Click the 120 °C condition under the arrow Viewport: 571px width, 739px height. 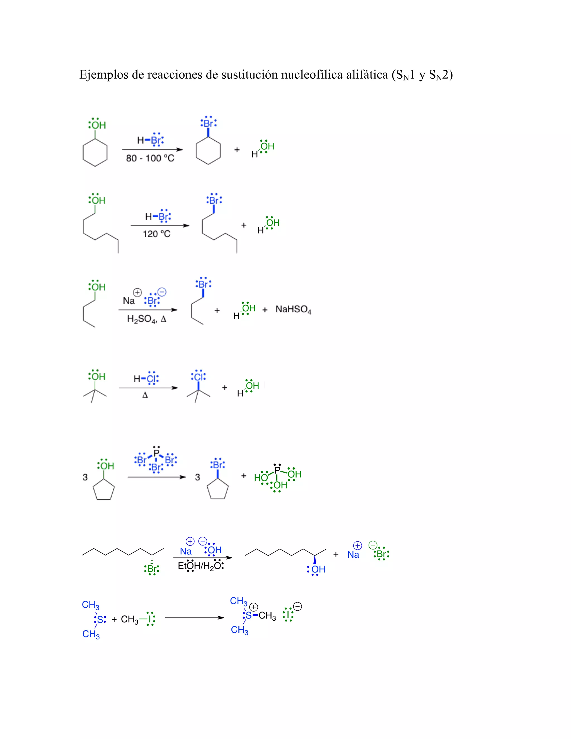(157, 234)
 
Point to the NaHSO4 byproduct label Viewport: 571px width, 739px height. (293, 309)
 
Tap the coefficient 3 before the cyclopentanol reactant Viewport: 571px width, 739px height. (85, 477)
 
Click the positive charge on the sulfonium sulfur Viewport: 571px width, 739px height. (254, 607)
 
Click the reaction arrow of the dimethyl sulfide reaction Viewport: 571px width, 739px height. (195, 617)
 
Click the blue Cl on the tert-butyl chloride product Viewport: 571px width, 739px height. (199, 376)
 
